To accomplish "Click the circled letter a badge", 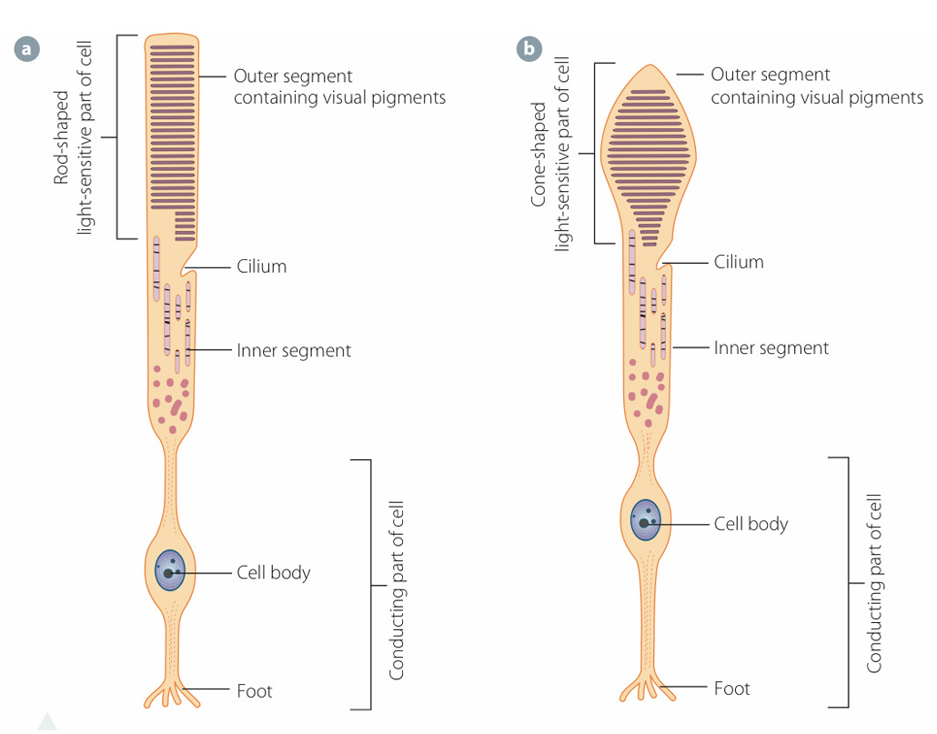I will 27,48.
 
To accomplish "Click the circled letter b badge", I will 529,48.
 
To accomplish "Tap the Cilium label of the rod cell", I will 261,266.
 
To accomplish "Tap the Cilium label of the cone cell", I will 738,262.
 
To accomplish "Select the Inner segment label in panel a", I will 293,350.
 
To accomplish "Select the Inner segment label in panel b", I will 771,347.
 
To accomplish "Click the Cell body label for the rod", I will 273,572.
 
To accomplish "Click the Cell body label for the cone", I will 751,524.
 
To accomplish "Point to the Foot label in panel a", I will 254,691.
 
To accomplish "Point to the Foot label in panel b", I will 731,688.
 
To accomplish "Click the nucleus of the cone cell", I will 646,522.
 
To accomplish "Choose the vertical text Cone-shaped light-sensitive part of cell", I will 550,154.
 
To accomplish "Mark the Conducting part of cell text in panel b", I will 874,583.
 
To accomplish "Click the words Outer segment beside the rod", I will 292,76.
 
